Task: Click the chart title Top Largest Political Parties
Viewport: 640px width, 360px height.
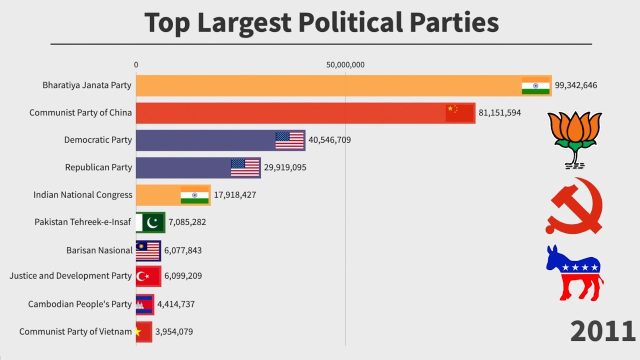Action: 321,23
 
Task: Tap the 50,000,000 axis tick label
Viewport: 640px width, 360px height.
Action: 345,64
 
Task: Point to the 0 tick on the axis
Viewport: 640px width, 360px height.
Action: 136,64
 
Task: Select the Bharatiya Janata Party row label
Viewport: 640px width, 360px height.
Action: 87,85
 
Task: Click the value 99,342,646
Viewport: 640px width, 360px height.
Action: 575,85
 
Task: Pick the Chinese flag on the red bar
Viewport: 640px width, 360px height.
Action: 459,113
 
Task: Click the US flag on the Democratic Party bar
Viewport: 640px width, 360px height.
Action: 289,140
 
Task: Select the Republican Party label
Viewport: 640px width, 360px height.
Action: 98,167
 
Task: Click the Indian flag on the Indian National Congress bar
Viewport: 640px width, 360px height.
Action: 195,195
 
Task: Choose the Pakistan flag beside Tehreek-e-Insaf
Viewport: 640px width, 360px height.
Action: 150,222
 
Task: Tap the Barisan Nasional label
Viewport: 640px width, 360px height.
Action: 99,250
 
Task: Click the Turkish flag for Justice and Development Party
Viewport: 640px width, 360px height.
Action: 147,276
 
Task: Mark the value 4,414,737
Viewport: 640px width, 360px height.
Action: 176,304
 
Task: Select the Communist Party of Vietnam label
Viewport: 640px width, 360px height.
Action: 75,331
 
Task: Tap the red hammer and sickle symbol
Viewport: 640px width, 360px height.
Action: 574,205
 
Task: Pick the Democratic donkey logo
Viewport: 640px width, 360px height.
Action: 574,272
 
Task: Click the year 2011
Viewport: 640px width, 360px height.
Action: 602,331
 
